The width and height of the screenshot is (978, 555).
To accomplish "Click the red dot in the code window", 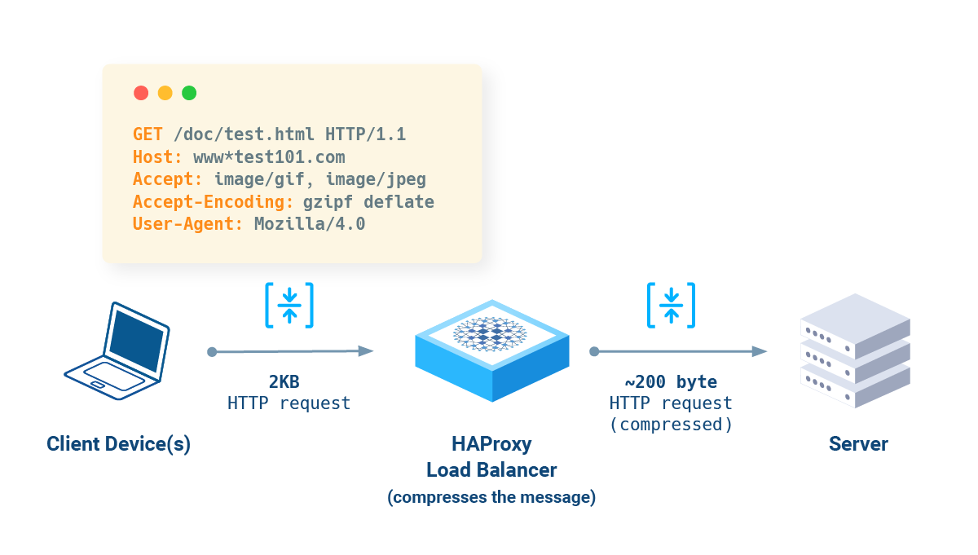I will (141, 93).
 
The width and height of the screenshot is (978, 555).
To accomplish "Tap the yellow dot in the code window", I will (165, 93).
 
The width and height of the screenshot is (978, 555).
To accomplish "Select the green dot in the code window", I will (189, 93).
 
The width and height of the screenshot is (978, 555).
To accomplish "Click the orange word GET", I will (148, 134).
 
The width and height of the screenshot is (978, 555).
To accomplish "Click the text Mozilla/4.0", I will (310, 224).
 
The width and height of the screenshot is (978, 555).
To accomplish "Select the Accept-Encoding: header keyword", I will (213, 202).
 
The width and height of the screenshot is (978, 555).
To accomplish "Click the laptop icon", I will (117, 351).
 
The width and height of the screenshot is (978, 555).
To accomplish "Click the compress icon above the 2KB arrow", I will (289, 306).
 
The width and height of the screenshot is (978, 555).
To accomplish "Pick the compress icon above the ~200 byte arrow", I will (671, 306).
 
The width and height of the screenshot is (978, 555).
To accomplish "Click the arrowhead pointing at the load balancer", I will (366, 351).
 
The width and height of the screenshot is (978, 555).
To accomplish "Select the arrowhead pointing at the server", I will (760, 351).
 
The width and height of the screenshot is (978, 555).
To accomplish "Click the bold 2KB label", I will (289, 382).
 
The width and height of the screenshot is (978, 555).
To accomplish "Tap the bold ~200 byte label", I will (671, 382).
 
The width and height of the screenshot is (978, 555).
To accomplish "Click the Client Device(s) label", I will (118, 444).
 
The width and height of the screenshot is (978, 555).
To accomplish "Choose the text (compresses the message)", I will (491, 497).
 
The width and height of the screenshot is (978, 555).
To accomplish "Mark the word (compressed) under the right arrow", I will (671, 424).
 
